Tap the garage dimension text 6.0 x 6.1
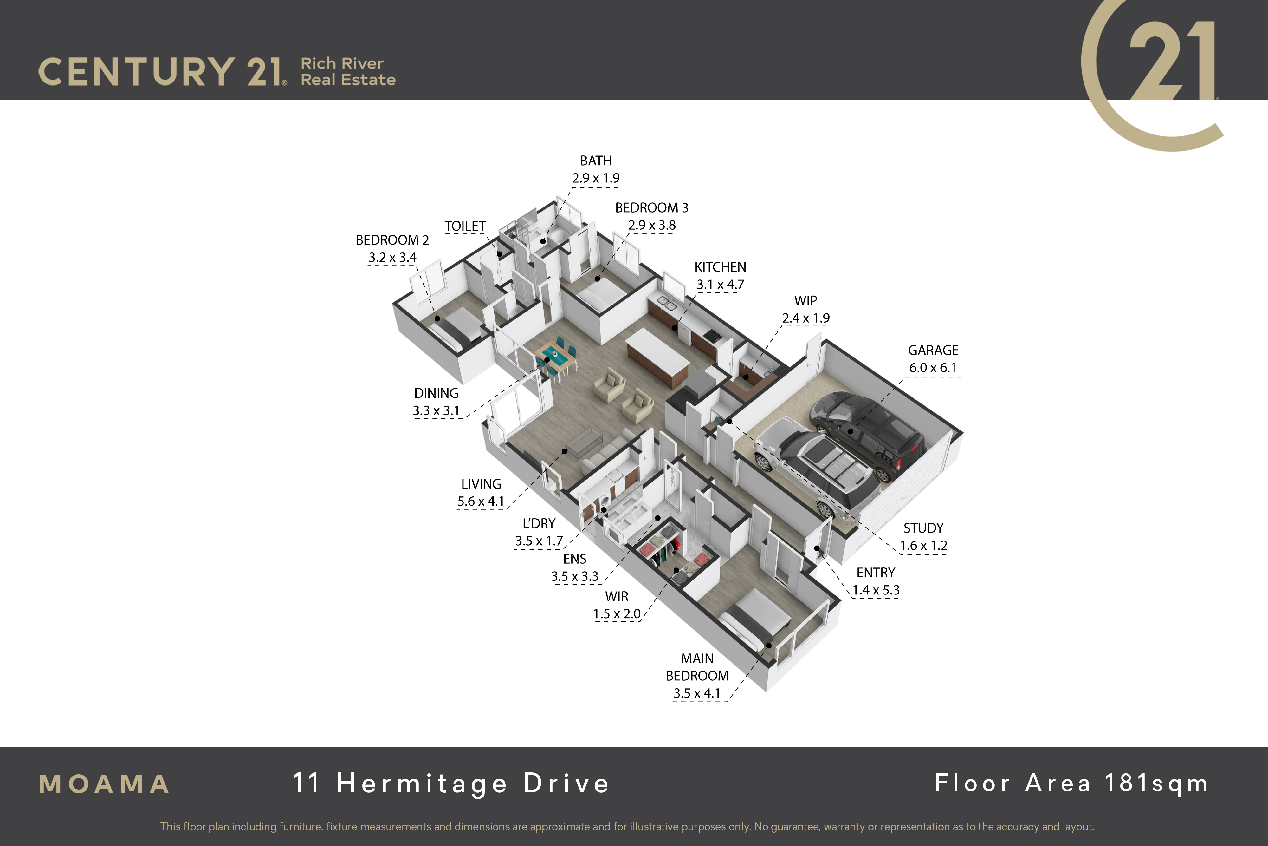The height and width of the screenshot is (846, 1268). pos(933,368)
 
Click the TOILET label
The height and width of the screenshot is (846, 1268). pos(465,226)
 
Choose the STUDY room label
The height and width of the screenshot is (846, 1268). pos(923,528)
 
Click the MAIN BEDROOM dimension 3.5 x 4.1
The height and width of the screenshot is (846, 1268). pos(696,693)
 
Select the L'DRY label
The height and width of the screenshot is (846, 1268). pos(539,523)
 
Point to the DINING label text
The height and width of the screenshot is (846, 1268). pos(436,393)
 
